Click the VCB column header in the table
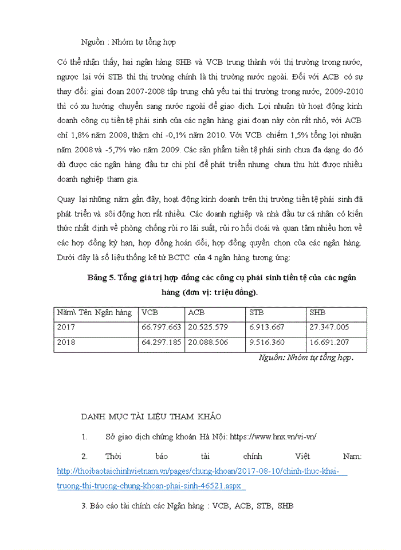coord(150,313)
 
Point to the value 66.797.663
coord(161,328)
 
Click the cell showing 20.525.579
coord(208,328)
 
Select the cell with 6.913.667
coord(266,328)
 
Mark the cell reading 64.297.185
coord(161,343)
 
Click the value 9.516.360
coord(266,343)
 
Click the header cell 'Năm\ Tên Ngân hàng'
coord(94,313)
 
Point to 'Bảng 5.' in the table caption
coord(101,278)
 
